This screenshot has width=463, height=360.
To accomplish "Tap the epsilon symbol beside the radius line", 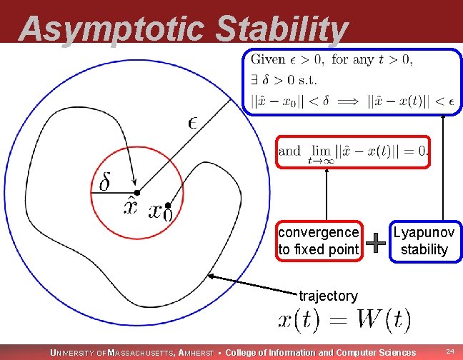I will tap(194, 121).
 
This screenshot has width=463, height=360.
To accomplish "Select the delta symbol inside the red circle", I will tap(104, 183).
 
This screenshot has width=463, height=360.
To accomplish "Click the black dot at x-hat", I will tap(137, 193).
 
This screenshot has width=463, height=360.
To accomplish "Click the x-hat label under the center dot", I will tap(131, 208).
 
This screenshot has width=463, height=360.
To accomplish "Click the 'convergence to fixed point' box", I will tap(319, 241).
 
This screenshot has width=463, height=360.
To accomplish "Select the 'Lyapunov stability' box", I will tap(424, 241).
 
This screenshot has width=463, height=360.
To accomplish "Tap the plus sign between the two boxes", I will tap(376, 244).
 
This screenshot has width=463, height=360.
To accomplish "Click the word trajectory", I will tap(328, 296).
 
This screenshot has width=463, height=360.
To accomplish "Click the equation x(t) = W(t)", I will tap(344, 319).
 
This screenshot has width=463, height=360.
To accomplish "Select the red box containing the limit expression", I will tap(354, 151).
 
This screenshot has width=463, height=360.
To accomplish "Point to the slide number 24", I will tap(450, 352).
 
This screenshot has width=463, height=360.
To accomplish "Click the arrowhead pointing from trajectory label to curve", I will tap(211, 276).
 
